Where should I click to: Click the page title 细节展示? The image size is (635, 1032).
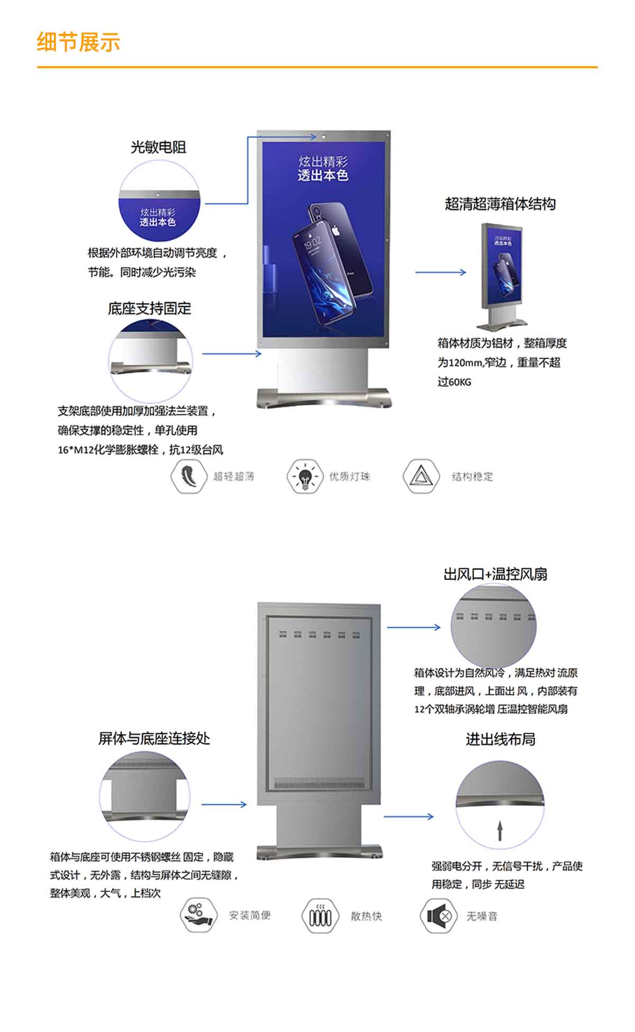click(x=78, y=42)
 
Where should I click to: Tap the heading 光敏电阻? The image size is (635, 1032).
click(x=158, y=147)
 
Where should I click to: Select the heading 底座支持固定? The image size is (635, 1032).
click(x=149, y=309)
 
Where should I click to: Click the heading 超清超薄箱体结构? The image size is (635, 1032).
click(x=500, y=204)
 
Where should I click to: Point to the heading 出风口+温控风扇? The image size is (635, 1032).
click(x=495, y=574)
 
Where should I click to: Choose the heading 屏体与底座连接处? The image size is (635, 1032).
click(x=154, y=738)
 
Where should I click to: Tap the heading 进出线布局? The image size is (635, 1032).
click(x=500, y=739)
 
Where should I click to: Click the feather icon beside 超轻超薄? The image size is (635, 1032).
click(x=188, y=476)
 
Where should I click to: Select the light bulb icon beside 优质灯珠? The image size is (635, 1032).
click(x=304, y=476)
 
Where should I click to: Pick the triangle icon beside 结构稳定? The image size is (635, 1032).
click(x=421, y=476)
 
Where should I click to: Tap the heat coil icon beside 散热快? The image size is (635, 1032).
click(x=320, y=916)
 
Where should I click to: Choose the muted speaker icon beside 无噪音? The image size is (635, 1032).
click(x=438, y=916)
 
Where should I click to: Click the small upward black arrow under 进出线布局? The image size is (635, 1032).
click(x=500, y=830)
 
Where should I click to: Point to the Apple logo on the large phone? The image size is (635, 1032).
click(x=335, y=231)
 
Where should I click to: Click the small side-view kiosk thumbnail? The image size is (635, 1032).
click(x=502, y=275)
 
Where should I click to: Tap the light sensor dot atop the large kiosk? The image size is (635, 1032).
click(x=323, y=137)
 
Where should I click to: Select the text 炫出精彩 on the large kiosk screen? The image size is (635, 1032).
click(x=323, y=161)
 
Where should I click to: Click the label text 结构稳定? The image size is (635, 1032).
click(x=472, y=477)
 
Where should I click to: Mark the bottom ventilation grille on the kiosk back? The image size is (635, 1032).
click(x=320, y=783)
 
